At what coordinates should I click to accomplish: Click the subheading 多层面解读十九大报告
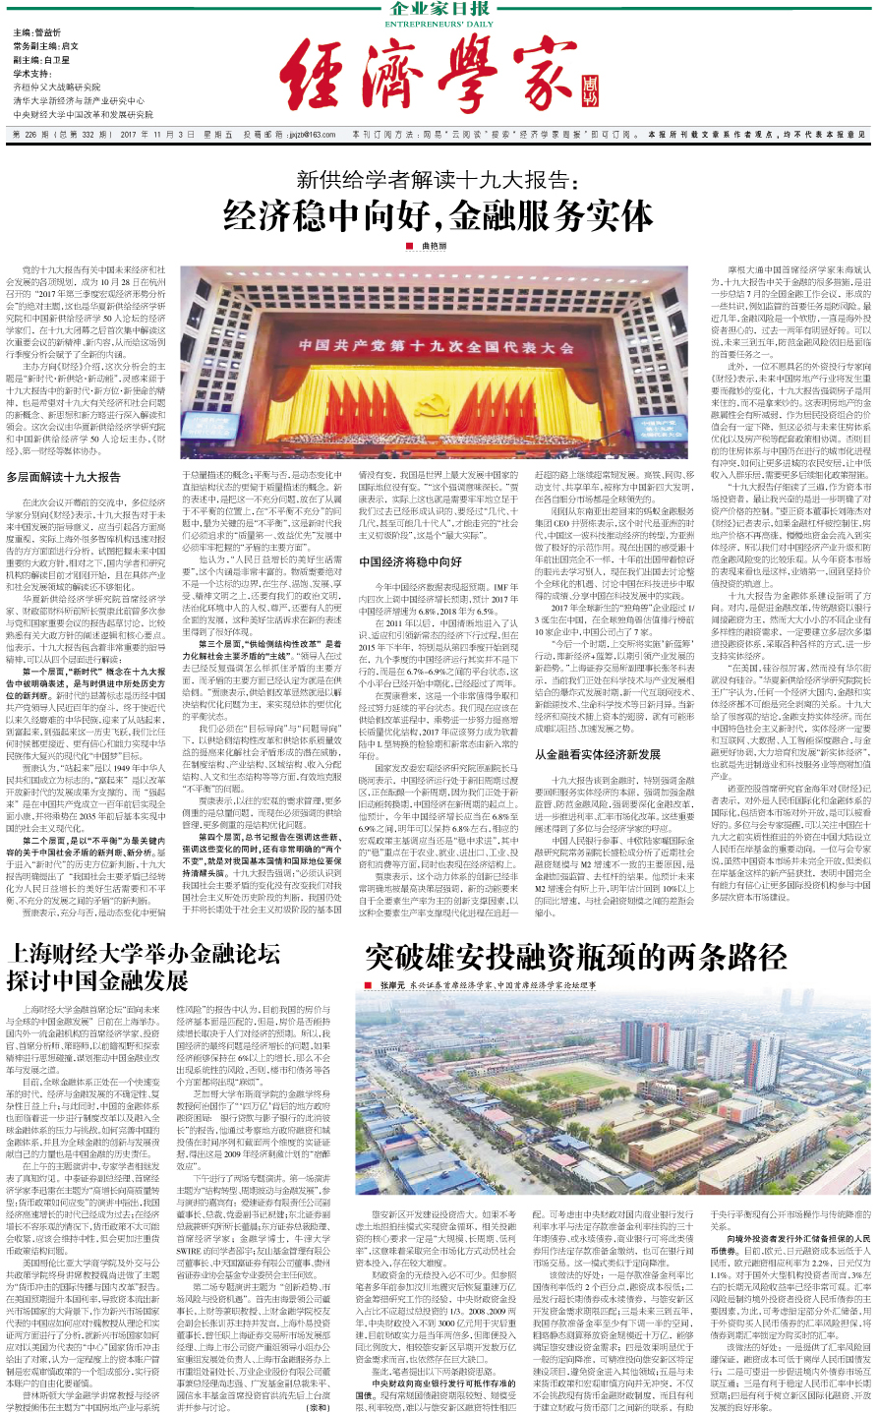63,477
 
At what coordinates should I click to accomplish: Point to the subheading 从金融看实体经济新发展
598,754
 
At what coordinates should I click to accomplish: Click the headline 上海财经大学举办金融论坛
143,952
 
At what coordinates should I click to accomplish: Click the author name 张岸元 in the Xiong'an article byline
392,983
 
